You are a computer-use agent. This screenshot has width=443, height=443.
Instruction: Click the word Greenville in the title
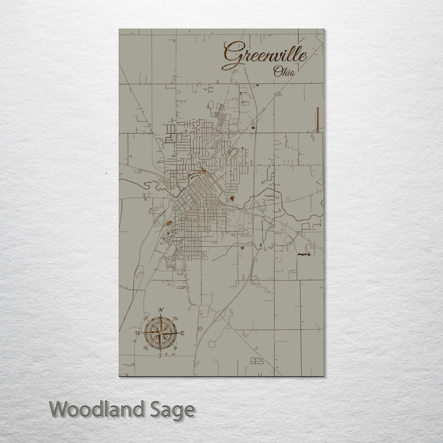(265, 55)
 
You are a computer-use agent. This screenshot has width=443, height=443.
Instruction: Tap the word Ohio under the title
(284, 72)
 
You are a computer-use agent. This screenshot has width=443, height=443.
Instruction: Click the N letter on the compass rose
(161, 310)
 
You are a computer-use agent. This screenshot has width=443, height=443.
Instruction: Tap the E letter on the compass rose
(183, 333)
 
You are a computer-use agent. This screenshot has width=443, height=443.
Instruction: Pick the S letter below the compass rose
(160, 356)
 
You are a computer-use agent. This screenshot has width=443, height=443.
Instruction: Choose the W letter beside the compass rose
(138, 333)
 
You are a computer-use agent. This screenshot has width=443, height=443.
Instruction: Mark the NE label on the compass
(176, 318)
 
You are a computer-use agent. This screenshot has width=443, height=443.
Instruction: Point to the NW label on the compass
(146, 318)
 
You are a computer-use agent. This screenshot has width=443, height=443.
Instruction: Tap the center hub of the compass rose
(161, 333)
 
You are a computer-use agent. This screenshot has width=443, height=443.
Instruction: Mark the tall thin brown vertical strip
(317, 119)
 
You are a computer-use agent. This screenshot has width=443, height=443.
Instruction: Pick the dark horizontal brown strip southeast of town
(304, 254)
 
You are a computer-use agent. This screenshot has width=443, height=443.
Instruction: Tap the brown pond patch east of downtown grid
(233, 199)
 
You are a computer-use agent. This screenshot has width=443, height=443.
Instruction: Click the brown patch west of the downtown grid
(169, 223)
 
